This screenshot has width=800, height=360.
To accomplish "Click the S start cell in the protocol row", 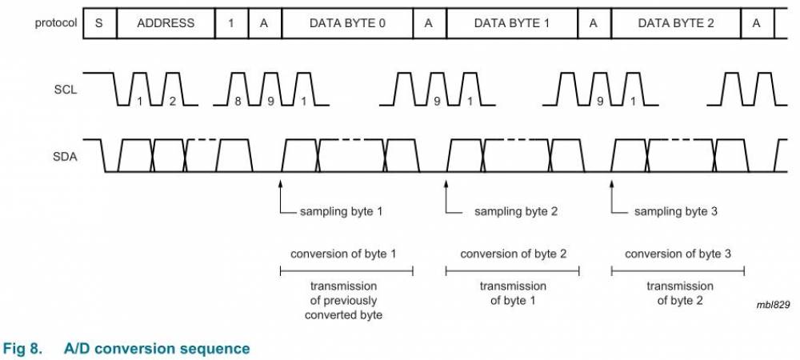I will coord(99,23).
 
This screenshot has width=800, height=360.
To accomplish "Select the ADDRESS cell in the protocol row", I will coord(166,23).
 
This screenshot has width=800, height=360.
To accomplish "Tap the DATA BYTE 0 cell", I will coord(347,23).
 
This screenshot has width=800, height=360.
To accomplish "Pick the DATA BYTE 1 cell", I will coord(512,23).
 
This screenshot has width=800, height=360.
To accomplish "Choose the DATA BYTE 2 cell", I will coord(676,23).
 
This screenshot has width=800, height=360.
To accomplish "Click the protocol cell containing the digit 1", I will coord(231,23).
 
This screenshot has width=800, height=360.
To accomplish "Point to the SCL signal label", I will coord(66,90).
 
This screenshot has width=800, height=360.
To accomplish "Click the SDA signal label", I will coord(65,157).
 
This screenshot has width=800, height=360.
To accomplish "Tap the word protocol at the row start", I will coord(56,23).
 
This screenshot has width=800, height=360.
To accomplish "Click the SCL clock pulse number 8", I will coord(237,102).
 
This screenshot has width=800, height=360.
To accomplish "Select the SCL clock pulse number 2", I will coord(172,102).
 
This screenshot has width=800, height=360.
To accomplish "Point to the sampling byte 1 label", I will coord(341,212).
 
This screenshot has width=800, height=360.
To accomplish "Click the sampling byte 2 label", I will coord(516,212).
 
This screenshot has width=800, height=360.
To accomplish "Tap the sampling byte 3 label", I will coord(676,212).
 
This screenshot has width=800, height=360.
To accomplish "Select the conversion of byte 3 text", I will coord(678,254).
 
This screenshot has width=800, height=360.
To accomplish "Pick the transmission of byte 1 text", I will coord(513,293).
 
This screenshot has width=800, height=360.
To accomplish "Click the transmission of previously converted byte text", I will coord(343,300).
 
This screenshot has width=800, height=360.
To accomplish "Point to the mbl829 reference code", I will coord(772,306).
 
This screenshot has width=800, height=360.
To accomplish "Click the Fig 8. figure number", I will coord(23,349).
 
